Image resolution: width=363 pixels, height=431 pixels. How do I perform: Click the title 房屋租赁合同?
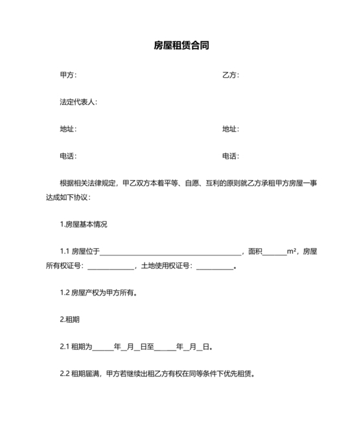point(181,46)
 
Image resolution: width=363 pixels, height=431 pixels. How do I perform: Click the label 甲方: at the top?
point(68,75)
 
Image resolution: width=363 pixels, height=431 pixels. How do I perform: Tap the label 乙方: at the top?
point(231,75)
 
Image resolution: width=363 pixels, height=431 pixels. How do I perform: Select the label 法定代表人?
point(78,102)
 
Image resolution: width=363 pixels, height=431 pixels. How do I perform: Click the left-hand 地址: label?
point(68,129)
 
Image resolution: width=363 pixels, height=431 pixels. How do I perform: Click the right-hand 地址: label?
point(231,129)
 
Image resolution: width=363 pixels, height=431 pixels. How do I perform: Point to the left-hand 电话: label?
point(68,156)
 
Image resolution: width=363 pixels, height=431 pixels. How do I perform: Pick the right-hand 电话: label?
point(231,156)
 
